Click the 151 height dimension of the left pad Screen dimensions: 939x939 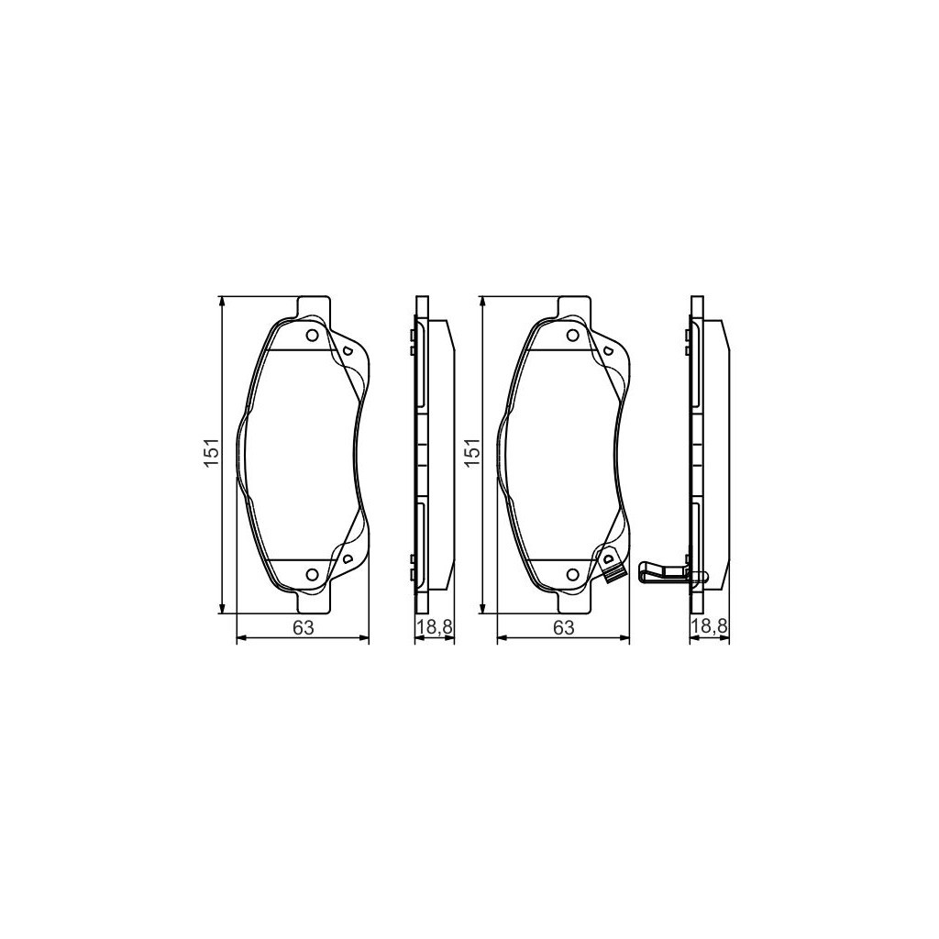click(211, 455)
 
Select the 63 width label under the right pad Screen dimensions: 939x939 click(563, 627)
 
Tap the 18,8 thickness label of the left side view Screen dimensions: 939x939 click(435, 627)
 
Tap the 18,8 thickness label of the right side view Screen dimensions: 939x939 click(709, 627)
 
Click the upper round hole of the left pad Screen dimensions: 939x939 click(312, 336)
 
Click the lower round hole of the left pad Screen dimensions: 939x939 click(312, 575)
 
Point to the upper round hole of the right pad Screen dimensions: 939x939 click(572, 336)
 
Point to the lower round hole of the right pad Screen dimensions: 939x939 click(572, 575)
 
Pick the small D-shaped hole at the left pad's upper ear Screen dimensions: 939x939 click(348, 350)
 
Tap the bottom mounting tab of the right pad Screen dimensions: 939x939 click(575, 604)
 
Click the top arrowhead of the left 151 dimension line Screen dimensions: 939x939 click(223, 303)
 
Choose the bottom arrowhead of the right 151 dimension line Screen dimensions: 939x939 click(482, 608)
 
